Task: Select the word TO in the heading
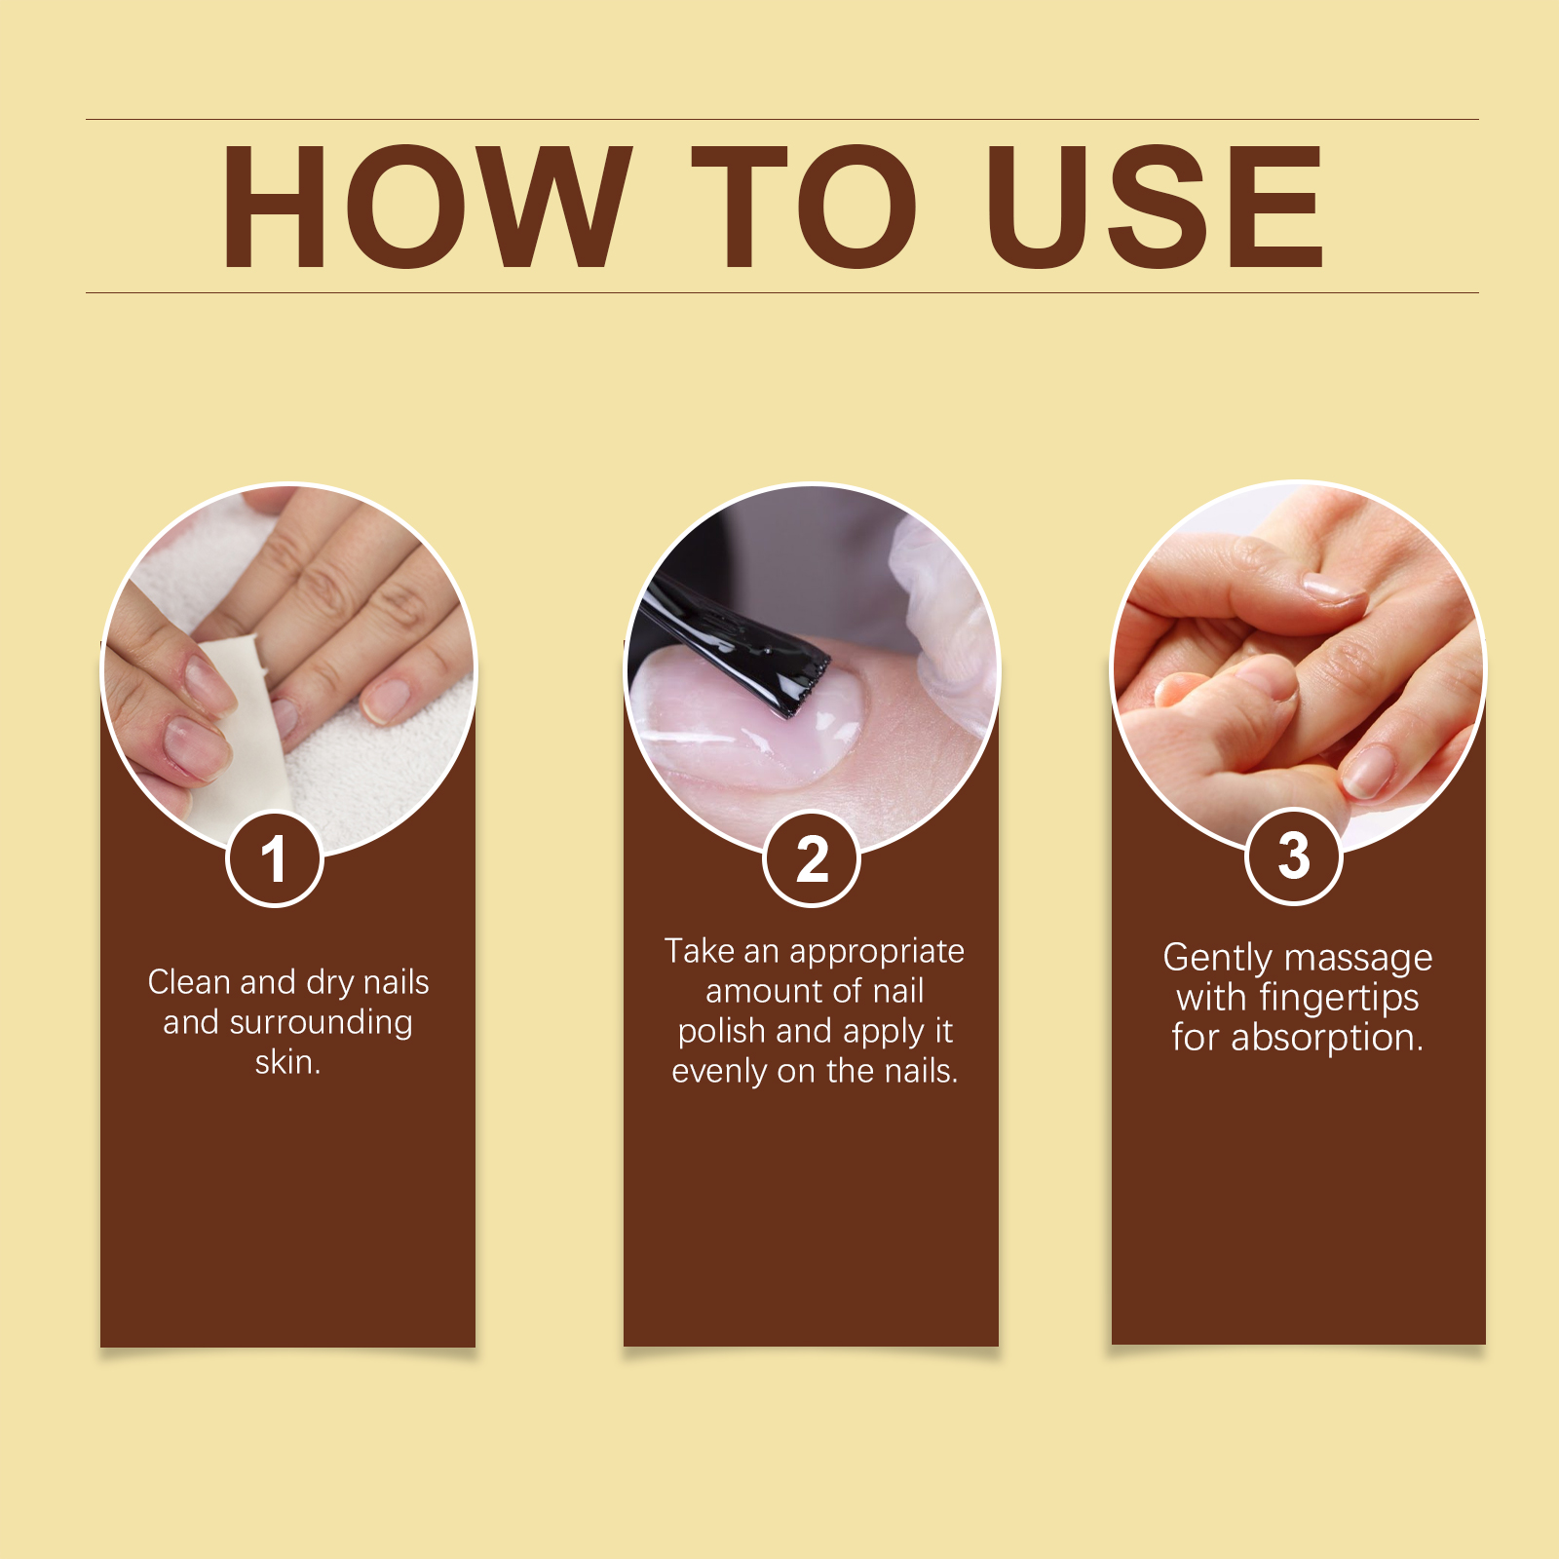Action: (805, 206)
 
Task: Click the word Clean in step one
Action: (190, 982)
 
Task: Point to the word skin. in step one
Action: (287, 1062)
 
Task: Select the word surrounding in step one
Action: (321, 1023)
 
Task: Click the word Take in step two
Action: (699, 951)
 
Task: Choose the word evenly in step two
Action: (719, 1071)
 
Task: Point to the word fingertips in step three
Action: (1339, 998)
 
